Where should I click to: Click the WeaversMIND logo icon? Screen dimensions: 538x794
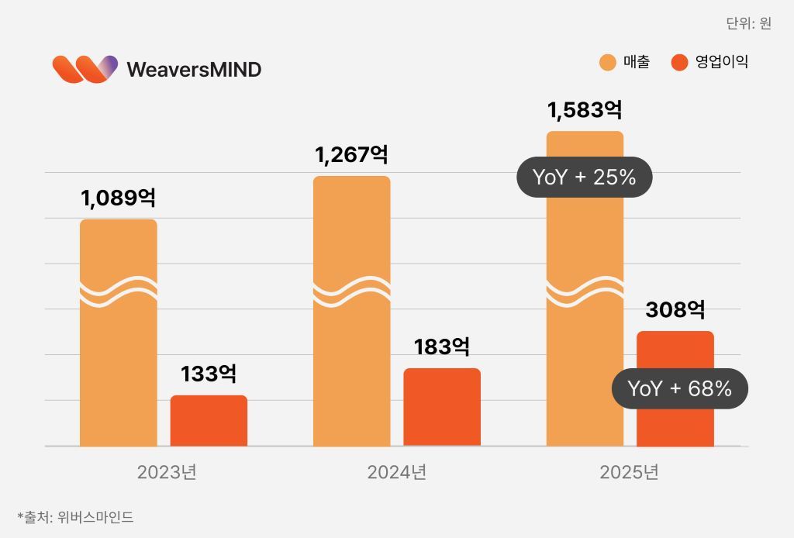point(85,69)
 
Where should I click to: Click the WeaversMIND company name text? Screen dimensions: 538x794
point(194,70)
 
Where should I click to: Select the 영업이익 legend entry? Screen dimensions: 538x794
point(710,62)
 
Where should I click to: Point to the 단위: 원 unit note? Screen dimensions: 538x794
point(748,23)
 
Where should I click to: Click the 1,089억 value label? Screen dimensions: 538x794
point(118,198)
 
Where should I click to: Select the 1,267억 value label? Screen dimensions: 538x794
point(351,154)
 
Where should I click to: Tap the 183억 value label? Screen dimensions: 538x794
point(442,347)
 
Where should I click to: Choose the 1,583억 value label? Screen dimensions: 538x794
point(585,110)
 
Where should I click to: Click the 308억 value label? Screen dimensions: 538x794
point(675,310)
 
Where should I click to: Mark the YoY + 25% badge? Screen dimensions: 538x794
point(585,178)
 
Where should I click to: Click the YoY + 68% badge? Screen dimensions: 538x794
point(680,388)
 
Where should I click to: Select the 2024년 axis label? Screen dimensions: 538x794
point(397,472)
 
